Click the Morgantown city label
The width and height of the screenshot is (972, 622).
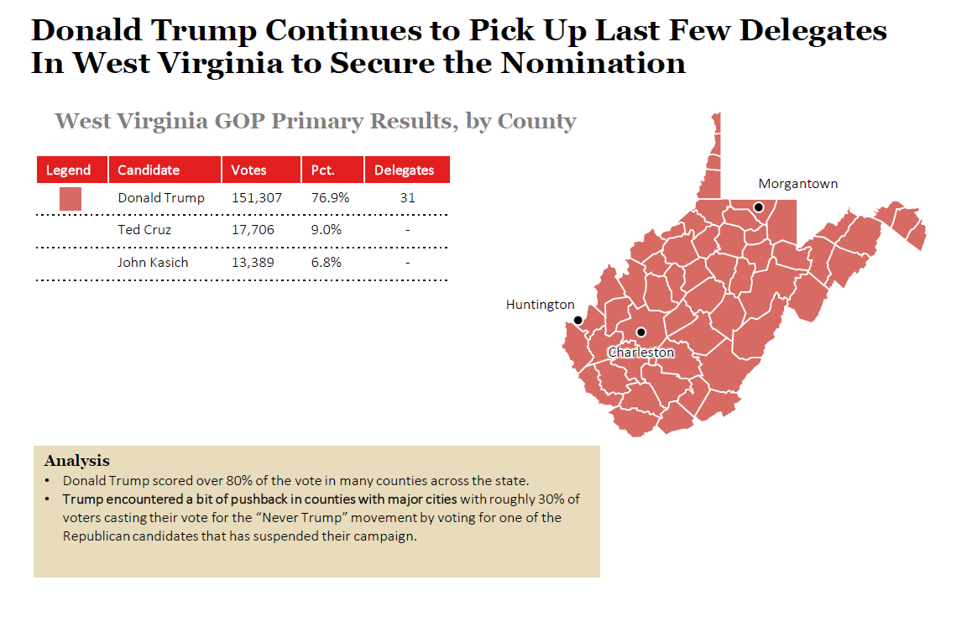(x=797, y=184)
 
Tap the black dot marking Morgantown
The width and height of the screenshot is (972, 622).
(x=759, y=206)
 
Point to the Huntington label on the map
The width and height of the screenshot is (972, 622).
(x=540, y=305)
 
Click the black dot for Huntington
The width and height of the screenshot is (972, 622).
(x=577, y=320)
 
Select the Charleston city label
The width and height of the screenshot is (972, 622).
(x=640, y=353)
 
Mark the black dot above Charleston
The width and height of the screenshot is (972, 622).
(x=640, y=332)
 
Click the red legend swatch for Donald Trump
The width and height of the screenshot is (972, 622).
(x=71, y=199)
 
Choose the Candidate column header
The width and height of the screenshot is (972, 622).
(x=149, y=170)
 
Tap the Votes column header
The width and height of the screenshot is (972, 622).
(x=248, y=170)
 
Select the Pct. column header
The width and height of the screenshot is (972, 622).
(x=323, y=170)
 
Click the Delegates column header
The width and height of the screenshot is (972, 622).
(x=404, y=170)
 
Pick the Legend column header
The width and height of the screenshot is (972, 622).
(x=68, y=170)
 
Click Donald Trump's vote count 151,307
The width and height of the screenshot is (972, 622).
(x=256, y=198)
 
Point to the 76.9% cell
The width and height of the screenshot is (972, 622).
(x=330, y=198)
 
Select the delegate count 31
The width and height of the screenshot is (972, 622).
(x=407, y=198)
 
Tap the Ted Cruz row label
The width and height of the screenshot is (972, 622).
(x=144, y=230)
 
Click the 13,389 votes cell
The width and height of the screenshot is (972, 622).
(x=253, y=263)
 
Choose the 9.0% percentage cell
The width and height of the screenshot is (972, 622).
(x=326, y=230)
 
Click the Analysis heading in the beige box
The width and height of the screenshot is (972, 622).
(x=76, y=461)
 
